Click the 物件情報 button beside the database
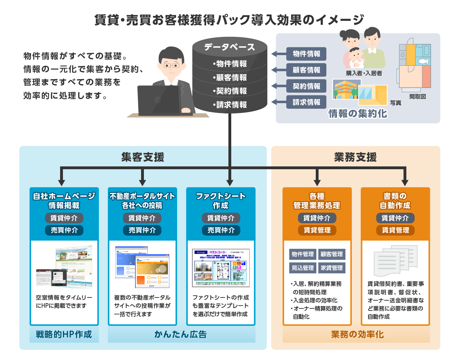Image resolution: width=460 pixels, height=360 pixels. click(306, 54)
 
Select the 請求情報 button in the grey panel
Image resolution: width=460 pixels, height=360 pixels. click(306, 102)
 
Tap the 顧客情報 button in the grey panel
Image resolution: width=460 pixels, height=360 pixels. click(306, 70)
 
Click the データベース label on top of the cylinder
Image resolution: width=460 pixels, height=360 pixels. click(229, 47)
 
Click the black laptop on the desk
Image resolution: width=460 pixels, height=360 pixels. click(159, 100)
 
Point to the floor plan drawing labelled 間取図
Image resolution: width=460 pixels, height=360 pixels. click(415, 67)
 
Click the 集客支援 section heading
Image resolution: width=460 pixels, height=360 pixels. click(142, 157)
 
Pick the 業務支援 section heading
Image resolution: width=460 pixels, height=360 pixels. click(355, 157)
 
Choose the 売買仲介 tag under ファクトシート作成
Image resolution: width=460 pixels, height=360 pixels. click(221, 230)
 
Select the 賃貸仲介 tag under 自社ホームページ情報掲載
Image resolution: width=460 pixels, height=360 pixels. click(64, 218)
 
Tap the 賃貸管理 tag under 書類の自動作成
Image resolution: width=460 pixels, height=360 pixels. click(395, 230)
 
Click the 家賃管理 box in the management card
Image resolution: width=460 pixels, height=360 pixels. click(332, 268)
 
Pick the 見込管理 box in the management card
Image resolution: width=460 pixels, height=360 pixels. click(303, 268)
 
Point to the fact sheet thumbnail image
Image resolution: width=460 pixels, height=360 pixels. click(221, 268)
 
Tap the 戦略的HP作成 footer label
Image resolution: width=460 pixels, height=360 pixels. click(64, 334)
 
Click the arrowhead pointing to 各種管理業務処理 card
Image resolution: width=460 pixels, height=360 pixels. click(317, 182)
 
